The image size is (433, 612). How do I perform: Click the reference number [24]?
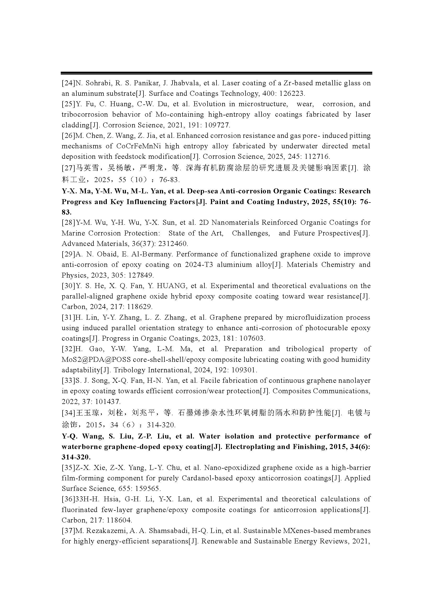tap(69, 83)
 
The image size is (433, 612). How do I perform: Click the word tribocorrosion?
tap(84, 115)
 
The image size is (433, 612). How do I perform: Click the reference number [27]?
tap(69, 168)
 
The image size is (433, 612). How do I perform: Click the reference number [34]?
tap(69, 413)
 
